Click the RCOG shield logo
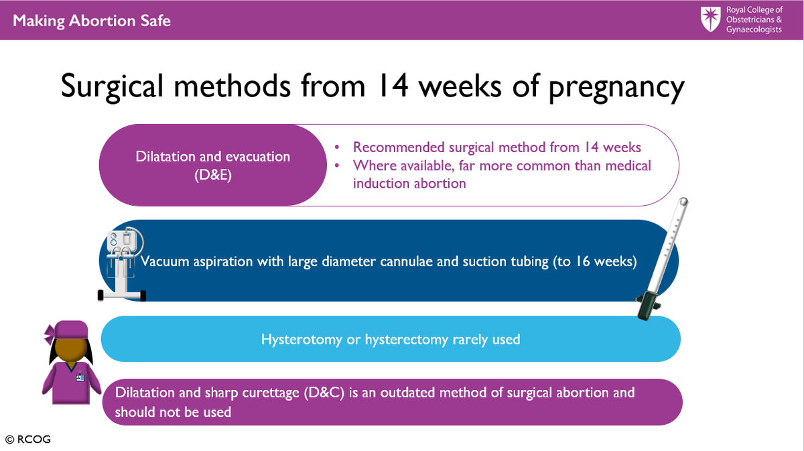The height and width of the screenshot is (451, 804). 710,19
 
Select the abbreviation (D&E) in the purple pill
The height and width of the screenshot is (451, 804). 213,175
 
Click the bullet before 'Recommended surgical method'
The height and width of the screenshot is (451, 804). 336,147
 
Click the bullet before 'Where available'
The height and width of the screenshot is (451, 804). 336,165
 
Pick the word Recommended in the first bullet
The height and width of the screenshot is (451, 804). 399,147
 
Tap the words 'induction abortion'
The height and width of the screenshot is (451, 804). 409,184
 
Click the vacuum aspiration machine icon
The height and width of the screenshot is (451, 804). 122,264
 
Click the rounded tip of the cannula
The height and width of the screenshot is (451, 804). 683,202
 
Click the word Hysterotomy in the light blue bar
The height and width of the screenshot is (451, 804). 301,339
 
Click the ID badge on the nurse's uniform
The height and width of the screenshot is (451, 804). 80,377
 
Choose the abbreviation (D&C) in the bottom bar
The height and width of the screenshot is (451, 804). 324,393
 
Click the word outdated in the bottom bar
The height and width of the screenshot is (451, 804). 407,393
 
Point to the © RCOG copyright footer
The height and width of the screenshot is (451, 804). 28,439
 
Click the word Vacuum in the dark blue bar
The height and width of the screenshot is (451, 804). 165,261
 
